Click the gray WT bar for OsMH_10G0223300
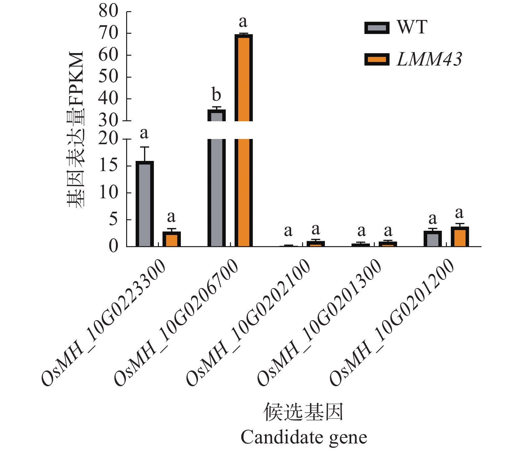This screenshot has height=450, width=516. [x=144, y=204]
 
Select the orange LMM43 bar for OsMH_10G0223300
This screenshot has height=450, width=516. [x=172, y=239]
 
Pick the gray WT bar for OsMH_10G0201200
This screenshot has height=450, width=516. [x=432, y=239]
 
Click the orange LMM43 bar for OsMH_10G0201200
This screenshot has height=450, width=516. [x=460, y=237]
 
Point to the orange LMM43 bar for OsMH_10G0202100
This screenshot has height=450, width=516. [x=315, y=244]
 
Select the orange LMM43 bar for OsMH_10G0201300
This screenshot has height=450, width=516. [x=388, y=244]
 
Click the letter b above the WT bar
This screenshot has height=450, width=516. [x=216, y=95]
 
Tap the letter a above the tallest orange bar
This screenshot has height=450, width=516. [x=243, y=22]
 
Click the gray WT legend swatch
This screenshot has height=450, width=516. [x=377, y=28]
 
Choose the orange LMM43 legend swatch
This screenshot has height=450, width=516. [x=377, y=59]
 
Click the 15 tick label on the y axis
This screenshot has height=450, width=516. [x=108, y=165]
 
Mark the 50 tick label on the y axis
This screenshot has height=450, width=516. [x=108, y=77]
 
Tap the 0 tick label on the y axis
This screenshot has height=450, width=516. [x=113, y=246]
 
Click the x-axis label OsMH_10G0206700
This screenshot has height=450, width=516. [x=176, y=323]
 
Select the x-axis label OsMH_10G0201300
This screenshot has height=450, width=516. [x=320, y=323]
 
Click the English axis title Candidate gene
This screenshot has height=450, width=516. [x=304, y=437]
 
